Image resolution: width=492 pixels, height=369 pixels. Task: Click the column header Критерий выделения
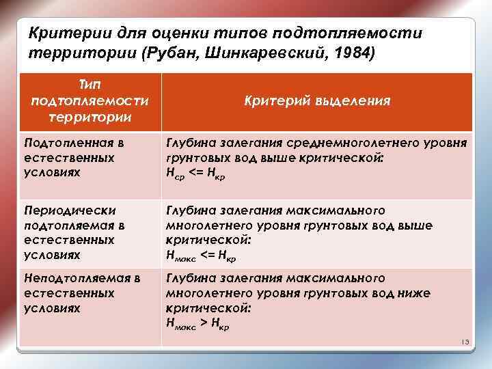tap(317, 101)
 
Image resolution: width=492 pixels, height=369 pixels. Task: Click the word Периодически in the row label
tap(70, 210)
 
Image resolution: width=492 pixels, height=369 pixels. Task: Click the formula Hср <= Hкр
tap(195, 175)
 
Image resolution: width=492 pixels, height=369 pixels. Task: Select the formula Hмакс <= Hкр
tap(202, 256)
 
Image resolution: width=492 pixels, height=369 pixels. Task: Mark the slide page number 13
tap(463, 342)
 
